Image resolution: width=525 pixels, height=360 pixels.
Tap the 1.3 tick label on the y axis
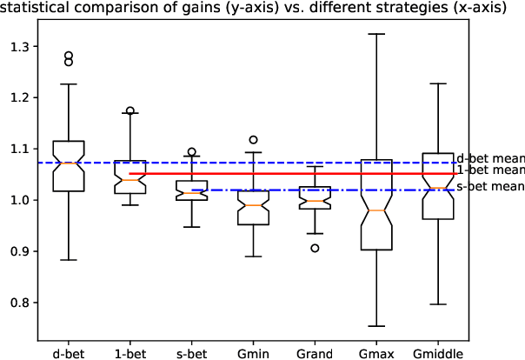18,46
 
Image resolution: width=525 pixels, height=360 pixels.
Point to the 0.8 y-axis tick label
18,303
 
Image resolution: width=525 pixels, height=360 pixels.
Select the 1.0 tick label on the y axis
18,200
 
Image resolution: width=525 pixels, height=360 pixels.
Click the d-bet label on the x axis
69,354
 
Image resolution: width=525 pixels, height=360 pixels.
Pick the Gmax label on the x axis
376,354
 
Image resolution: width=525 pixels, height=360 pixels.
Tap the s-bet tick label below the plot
192,354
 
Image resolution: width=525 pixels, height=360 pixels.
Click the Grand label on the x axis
315,354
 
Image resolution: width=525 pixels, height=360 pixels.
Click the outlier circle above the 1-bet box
130,111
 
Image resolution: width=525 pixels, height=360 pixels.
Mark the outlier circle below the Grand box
315,248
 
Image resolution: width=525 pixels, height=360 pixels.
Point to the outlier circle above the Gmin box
253,139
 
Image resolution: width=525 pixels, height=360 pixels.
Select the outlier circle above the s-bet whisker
192,152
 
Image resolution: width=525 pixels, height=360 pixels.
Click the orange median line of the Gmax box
376,210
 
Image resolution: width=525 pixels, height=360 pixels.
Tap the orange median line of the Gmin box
253,205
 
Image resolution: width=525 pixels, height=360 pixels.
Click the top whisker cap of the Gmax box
376,34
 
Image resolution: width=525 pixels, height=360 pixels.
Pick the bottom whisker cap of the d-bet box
69,260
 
